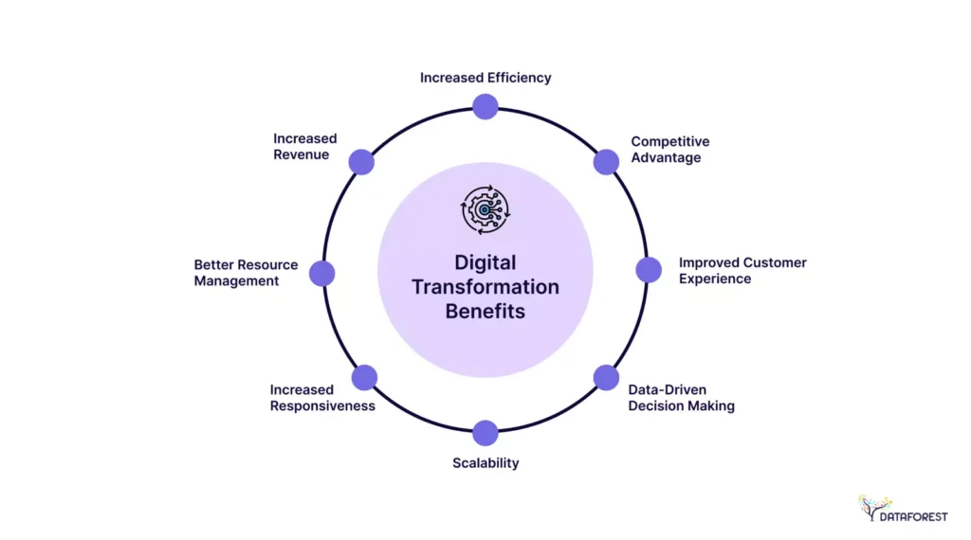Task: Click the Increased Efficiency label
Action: [x=485, y=78]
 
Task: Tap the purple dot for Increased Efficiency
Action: [x=485, y=106]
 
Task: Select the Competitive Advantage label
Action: [x=670, y=150]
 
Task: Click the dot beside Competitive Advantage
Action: [x=606, y=162]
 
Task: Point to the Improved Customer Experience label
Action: [x=742, y=270]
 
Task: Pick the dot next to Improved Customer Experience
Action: [x=649, y=270]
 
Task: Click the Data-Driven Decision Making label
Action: [x=681, y=398]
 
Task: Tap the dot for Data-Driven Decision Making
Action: [x=606, y=378]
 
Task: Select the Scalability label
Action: [x=485, y=462]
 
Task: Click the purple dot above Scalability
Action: [x=485, y=433]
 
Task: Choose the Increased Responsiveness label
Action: [x=322, y=398]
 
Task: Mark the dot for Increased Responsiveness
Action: [x=365, y=378]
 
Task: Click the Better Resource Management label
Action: [x=246, y=273]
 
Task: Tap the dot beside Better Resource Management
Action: [x=322, y=274]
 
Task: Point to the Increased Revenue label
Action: [x=304, y=147]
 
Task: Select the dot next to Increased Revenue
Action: [x=361, y=162]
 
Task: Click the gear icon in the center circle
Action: [x=485, y=209]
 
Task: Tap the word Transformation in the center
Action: [x=485, y=287]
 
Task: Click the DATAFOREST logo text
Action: [x=913, y=516]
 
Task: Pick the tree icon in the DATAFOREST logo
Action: [x=874, y=508]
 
